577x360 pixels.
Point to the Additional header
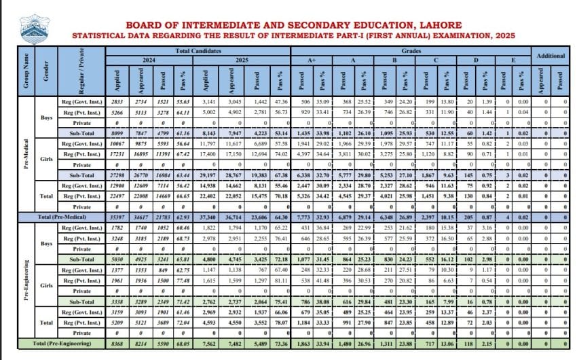[x=551, y=55]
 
